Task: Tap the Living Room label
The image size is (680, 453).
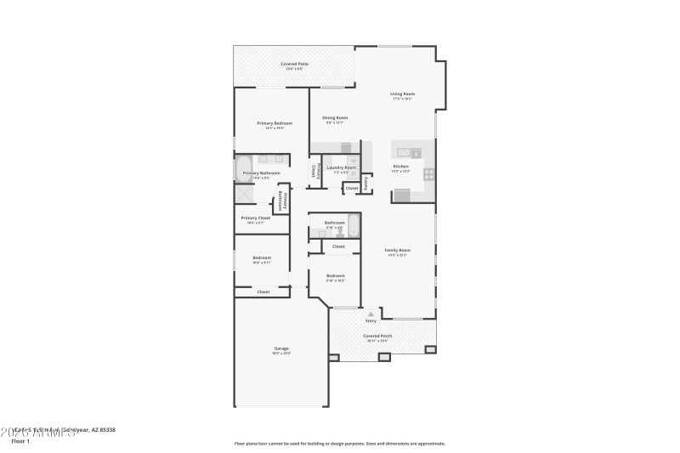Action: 402,94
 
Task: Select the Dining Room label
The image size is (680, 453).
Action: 335,119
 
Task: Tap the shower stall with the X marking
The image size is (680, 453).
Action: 245,194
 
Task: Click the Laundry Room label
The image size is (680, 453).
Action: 342,168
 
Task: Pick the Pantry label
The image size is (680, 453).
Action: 365,181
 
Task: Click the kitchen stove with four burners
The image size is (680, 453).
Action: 429,175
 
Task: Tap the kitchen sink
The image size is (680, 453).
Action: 405,153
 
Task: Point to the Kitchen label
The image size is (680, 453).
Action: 400,167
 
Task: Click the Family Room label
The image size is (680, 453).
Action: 398,252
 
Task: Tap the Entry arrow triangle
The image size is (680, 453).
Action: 371,314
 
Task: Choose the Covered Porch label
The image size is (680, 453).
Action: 377,337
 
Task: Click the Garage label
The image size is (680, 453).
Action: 281,349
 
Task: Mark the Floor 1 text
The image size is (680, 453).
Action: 20,441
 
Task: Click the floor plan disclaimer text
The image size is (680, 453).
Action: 339,443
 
